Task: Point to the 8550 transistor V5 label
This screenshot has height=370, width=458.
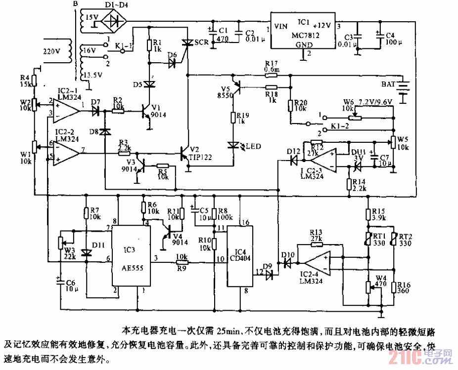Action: coord(226,95)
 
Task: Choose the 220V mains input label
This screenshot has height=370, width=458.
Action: coord(51,51)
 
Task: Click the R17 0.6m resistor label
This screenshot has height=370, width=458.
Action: coord(272,67)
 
